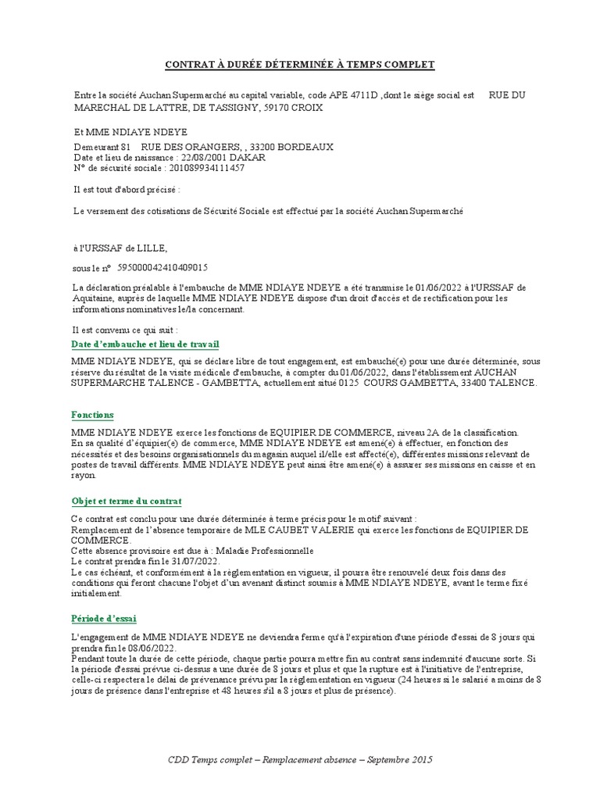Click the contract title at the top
pos(299,64)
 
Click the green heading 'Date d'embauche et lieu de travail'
pos(145,344)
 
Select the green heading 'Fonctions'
pos(92,415)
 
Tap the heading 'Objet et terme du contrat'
pos(126,501)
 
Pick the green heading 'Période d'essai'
pos(103,618)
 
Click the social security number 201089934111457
pos(205,168)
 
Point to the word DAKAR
pos(251,157)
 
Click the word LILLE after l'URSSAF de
pos(151,248)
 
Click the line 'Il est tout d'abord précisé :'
pos(127,190)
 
